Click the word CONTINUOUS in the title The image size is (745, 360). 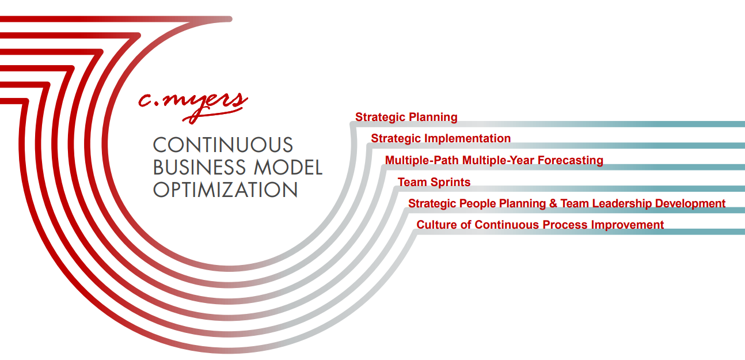[223, 145]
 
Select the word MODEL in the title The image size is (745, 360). [288, 168]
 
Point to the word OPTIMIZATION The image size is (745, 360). [225, 190]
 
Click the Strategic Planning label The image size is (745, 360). [406, 117]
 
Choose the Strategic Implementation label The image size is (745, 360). [440, 138]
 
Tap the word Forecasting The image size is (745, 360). [571, 160]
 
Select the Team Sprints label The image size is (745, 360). [434, 182]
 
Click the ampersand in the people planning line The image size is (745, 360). [553, 203]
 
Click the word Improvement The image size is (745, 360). [628, 225]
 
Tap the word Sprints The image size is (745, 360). [450, 183]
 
